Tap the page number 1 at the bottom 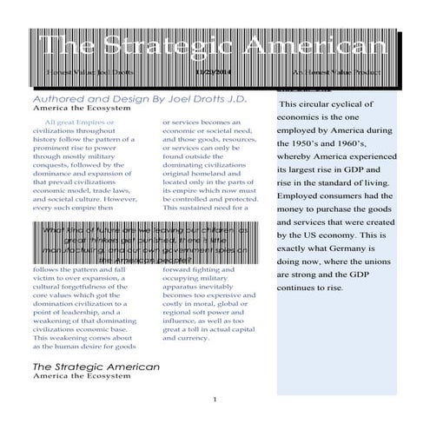tap(215, 400)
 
